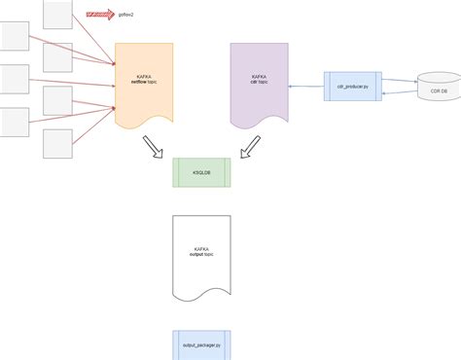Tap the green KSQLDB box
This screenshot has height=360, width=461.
pos(200,172)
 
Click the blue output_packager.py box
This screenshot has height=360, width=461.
pos(200,344)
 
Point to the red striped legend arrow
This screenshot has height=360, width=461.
pos(99,16)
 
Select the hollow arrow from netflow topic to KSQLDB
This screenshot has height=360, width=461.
pos(154,146)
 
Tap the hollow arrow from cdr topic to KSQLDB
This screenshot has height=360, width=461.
pos(250,146)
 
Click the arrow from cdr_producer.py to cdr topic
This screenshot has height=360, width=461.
pos(306,86)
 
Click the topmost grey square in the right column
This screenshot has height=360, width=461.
pos(57,14)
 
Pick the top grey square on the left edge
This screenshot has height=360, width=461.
pos(14,35)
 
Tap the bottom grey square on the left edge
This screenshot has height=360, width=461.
pos(14,122)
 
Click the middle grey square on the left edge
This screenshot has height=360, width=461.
pos(14,79)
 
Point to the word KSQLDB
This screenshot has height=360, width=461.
pos(200,172)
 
